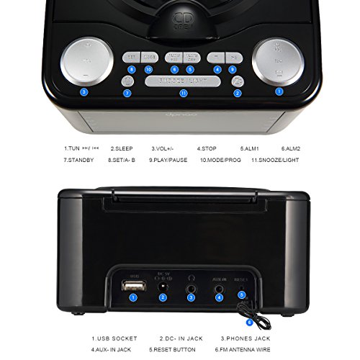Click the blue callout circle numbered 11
point(183,93)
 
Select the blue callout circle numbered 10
point(148,69)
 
